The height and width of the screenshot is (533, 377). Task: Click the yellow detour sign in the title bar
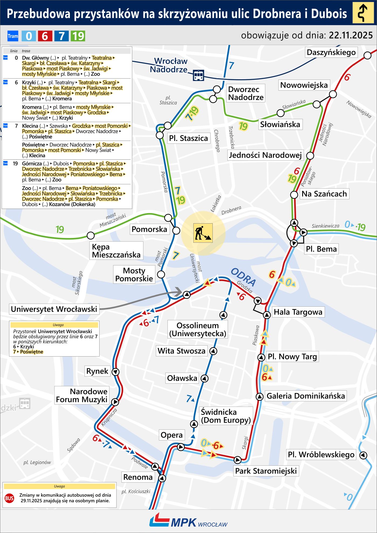363,13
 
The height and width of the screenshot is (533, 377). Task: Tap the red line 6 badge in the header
45,36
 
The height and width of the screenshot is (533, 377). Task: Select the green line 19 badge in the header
78,36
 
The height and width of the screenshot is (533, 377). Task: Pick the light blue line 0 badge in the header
29,36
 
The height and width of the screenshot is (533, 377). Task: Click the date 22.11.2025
351,35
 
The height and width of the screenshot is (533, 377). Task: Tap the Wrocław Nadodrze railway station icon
199,75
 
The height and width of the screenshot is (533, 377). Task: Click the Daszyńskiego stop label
331,52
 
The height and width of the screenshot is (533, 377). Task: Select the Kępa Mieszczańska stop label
116,251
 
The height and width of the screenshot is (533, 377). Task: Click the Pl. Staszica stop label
188,138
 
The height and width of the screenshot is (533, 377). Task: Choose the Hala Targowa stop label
298,312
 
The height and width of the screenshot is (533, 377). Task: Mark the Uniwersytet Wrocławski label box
54,309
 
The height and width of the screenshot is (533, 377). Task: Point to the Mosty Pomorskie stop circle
161,275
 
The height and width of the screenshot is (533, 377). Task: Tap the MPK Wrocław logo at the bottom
188,522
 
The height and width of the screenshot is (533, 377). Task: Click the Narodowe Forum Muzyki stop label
82,395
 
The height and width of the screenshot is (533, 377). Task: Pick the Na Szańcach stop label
324,194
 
